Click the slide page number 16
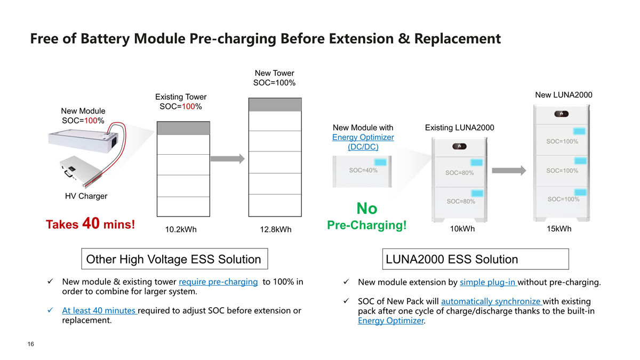point(30,344)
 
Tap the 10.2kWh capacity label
point(181,229)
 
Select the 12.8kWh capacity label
point(275,229)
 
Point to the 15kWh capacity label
point(559,229)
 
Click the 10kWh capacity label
point(462,229)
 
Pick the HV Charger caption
point(86,196)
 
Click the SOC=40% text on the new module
point(363,170)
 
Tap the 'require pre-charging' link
point(218,282)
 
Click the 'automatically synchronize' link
point(491,301)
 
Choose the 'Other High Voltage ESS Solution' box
point(174,259)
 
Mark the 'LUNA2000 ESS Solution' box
point(475,259)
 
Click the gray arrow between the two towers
point(227,159)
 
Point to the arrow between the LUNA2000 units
point(509,171)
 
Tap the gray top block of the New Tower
point(275,105)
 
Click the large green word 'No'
point(367,209)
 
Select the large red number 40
point(91,223)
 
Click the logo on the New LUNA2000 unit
point(561,114)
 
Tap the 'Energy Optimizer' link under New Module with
point(363,137)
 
